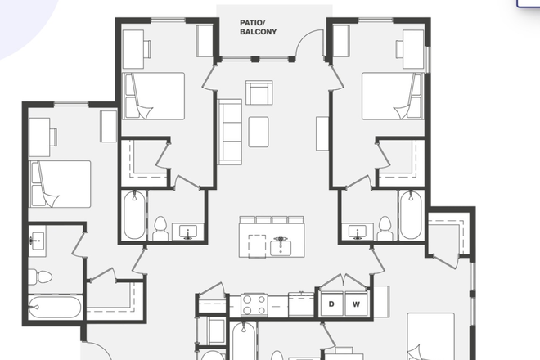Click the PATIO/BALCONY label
click(x=258, y=27)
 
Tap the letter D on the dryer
click(x=332, y=304)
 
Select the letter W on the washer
click(x=356, y=304)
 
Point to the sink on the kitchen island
click(x=281, y=245)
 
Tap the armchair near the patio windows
click(x=259, y=93)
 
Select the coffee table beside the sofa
click(x=259, y=131)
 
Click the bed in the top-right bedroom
click(x=391, y=97)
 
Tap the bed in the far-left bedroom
click(x=60, y=183)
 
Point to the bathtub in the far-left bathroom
click(x=55, y=308)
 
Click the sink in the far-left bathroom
click(x=38, y=241)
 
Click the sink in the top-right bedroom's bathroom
click(x=357, y=232)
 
